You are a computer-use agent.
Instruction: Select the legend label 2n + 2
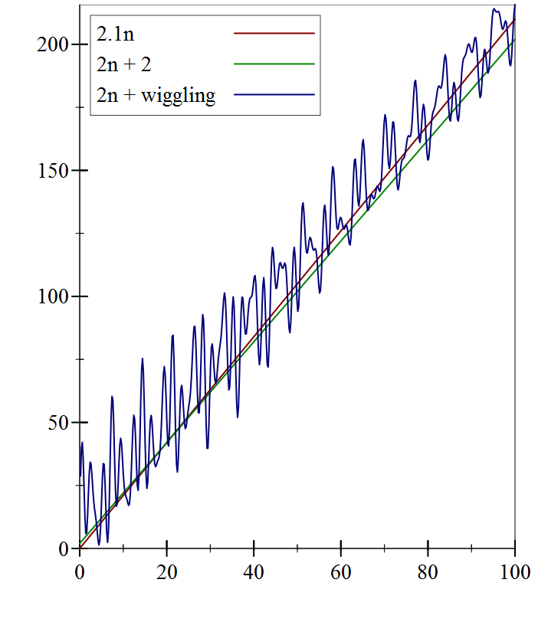click(124, 64)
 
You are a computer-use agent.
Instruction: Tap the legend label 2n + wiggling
click(156, 96)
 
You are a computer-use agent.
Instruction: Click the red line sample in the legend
click(274, 34)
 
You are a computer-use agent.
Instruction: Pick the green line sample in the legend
click(274, 64)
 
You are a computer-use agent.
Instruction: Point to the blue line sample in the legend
click(274, 95)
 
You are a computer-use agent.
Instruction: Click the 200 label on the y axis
click(52, 44)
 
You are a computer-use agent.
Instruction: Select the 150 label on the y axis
click(52, 170)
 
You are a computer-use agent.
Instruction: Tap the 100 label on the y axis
click(52, 296)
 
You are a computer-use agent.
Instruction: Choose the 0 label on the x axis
click(80, 571)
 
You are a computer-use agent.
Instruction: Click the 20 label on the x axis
click(166, 571)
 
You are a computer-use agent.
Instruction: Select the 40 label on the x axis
click(254, 571)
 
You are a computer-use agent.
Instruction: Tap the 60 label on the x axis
click(341, 571)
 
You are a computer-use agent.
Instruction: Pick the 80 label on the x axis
click(428, 571)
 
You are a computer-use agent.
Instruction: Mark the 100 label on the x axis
click(515, 571)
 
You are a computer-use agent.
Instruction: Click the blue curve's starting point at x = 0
click(80, 475)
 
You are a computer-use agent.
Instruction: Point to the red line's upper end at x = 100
click(515, 19)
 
